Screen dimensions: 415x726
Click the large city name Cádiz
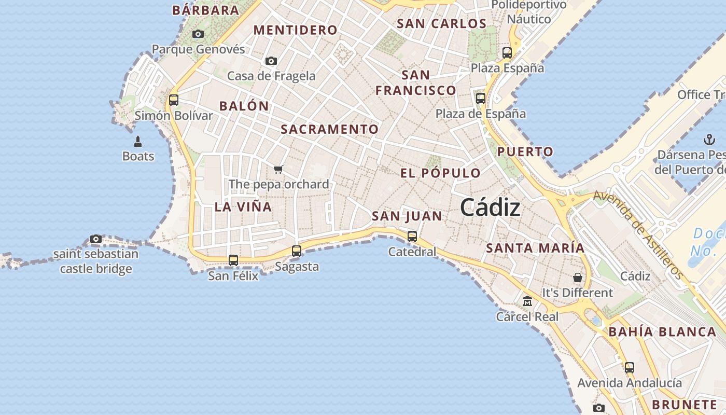(490, 208)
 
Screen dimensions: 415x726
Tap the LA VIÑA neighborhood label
(243, 207)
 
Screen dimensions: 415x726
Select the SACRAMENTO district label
(330, 129)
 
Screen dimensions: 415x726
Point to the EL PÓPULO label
(440, 173)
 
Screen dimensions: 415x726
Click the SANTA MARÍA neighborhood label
(535, 248)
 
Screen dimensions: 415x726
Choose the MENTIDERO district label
(295, 30)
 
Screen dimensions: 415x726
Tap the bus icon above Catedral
(412, 237)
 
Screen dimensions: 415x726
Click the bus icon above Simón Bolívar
(174, 100)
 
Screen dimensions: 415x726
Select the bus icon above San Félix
(233, 260)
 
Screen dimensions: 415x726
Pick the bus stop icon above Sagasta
(297, 251)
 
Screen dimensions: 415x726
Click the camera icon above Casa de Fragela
(271, 61)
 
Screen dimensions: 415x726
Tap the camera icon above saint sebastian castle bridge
(96, 239)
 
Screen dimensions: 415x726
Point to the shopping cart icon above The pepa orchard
(278, 169)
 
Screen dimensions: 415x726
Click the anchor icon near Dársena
(709, 140)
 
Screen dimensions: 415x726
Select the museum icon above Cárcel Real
(527, 301)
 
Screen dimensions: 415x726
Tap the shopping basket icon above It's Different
(578, 278)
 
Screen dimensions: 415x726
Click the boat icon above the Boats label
(138, 141)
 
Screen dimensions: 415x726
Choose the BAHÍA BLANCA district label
(662, 332)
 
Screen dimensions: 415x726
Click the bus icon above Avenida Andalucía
(630, 368)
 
